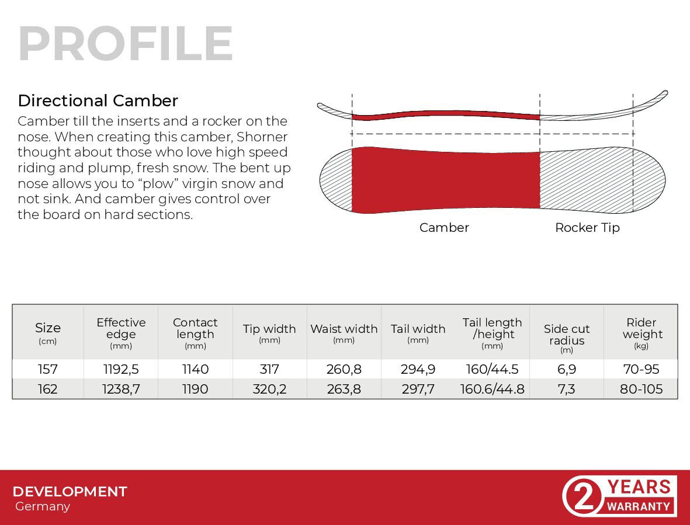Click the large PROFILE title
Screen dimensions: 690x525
(x=126, y=44)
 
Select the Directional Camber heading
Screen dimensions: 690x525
(x=98, y=100)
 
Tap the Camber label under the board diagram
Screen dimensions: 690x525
(x=444, y=227)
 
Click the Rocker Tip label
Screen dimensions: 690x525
(x=587, y=227)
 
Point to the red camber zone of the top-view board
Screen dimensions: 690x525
(x=446, y=180)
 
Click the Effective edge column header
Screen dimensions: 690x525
(x=121, y=333)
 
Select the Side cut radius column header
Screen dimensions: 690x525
(x=566, y=339)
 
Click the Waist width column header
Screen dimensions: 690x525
(x=344, y=333)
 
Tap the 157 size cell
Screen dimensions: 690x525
(x=47, y=369)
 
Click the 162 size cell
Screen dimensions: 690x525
(x=47, y=389)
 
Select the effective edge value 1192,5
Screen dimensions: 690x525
(x=121, y=369)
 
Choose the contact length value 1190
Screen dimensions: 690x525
(x=195, y=389)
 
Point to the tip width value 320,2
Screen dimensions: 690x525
(x=269, y=389)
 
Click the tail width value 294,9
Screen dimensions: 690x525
(x=418, y=369)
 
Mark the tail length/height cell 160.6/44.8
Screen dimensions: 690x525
(x=493, y=389)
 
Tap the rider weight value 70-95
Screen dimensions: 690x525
(x=641, y=369)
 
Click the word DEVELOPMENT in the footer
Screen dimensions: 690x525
(x=70, y=492)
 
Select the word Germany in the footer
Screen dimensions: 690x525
(x=42, y=506)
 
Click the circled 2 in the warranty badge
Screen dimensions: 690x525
(x=583, y=497)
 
